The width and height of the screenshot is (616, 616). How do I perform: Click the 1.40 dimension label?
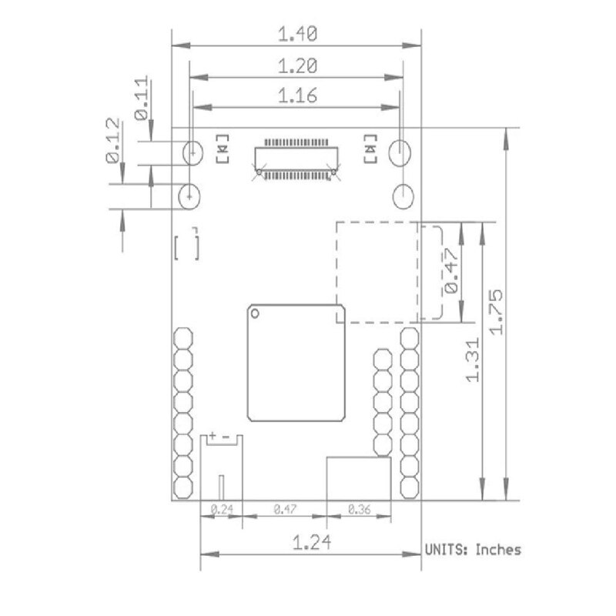coord(297,34)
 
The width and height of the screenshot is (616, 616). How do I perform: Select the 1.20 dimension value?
coord(297,66)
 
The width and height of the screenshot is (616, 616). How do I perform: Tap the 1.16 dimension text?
coord(297,95)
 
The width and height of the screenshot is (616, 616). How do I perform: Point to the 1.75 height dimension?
coord(495,313)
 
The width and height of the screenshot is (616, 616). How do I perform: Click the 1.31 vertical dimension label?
coord(472,360)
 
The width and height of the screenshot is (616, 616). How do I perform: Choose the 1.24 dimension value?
coord(312,543)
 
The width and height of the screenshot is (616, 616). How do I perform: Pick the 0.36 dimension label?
coord(359,510)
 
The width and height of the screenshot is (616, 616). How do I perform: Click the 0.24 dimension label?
coord(222,510)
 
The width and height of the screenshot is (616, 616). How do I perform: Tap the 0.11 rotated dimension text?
coord(142,99)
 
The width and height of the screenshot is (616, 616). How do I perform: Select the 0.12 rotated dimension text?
coord(112,140)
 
